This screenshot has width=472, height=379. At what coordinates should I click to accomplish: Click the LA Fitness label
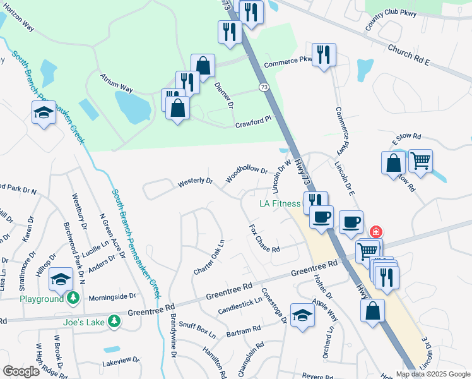point(281,203)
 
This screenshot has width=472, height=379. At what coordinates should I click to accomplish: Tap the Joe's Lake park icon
point(114,322)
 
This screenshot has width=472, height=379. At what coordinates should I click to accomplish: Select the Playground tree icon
point(74,298)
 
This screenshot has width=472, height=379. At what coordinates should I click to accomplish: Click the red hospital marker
point(376,232)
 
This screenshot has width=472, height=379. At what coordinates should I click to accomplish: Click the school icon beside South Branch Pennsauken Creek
point(44,112)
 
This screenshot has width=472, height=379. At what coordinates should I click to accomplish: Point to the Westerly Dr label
point(196,181)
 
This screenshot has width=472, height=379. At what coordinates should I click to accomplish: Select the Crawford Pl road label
point(253,121)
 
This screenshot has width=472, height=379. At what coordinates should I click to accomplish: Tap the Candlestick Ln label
point(240,306)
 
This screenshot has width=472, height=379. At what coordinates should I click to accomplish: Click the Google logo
point(21,371)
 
